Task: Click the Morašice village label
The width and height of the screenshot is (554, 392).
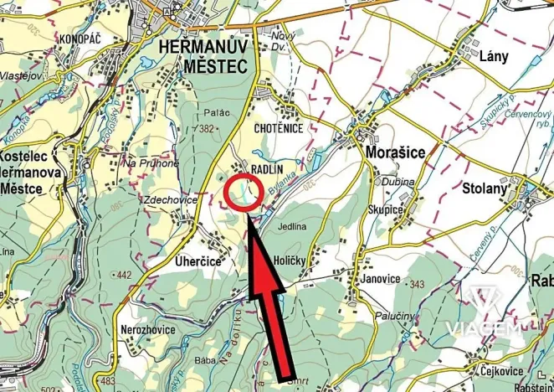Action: pos(396,153)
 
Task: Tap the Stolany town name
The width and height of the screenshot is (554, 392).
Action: pos(485,188)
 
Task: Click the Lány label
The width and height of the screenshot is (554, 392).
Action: pos(495,57)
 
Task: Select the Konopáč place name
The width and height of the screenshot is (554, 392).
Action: pos(80,39)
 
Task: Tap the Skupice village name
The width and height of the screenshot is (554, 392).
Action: pos(386,207)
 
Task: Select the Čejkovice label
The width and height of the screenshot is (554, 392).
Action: pos(502,371)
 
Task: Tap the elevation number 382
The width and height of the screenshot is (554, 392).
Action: pos(208,128)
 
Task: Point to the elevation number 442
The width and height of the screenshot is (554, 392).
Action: pos(125,275)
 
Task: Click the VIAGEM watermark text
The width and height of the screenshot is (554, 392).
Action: pos(485,328)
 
